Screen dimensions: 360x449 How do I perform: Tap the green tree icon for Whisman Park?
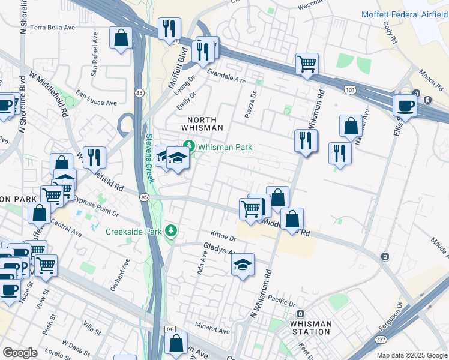(x=189, y=146)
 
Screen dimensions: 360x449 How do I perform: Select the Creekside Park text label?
(x=136, y=232)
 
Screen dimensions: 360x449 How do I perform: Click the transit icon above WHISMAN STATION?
(x=301, y=314)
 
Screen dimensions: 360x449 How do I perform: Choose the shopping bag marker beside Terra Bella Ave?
(x=121, y=38)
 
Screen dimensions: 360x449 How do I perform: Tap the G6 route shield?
(x=170, y=329)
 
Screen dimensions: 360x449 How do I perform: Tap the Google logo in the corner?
(x=20, y=353)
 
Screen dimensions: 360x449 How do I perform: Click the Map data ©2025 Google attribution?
(x=411, y=355)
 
